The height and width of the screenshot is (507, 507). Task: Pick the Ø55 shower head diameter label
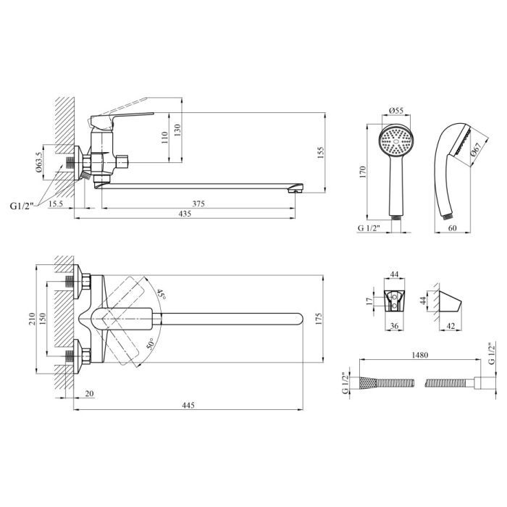pos(396,110)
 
